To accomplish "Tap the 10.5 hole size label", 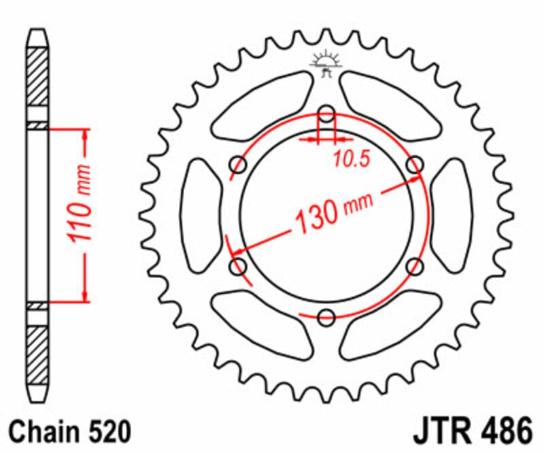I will tap(351, 160).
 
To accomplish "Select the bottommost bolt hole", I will tap(326, 316).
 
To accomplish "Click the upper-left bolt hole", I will tap(239, 164).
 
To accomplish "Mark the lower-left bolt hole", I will tap(239, 265).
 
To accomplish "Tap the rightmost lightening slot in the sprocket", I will tap(452, 214).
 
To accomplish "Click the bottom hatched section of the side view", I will tap(38, 354).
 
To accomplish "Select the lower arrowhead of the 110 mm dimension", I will tap(85, 294).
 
